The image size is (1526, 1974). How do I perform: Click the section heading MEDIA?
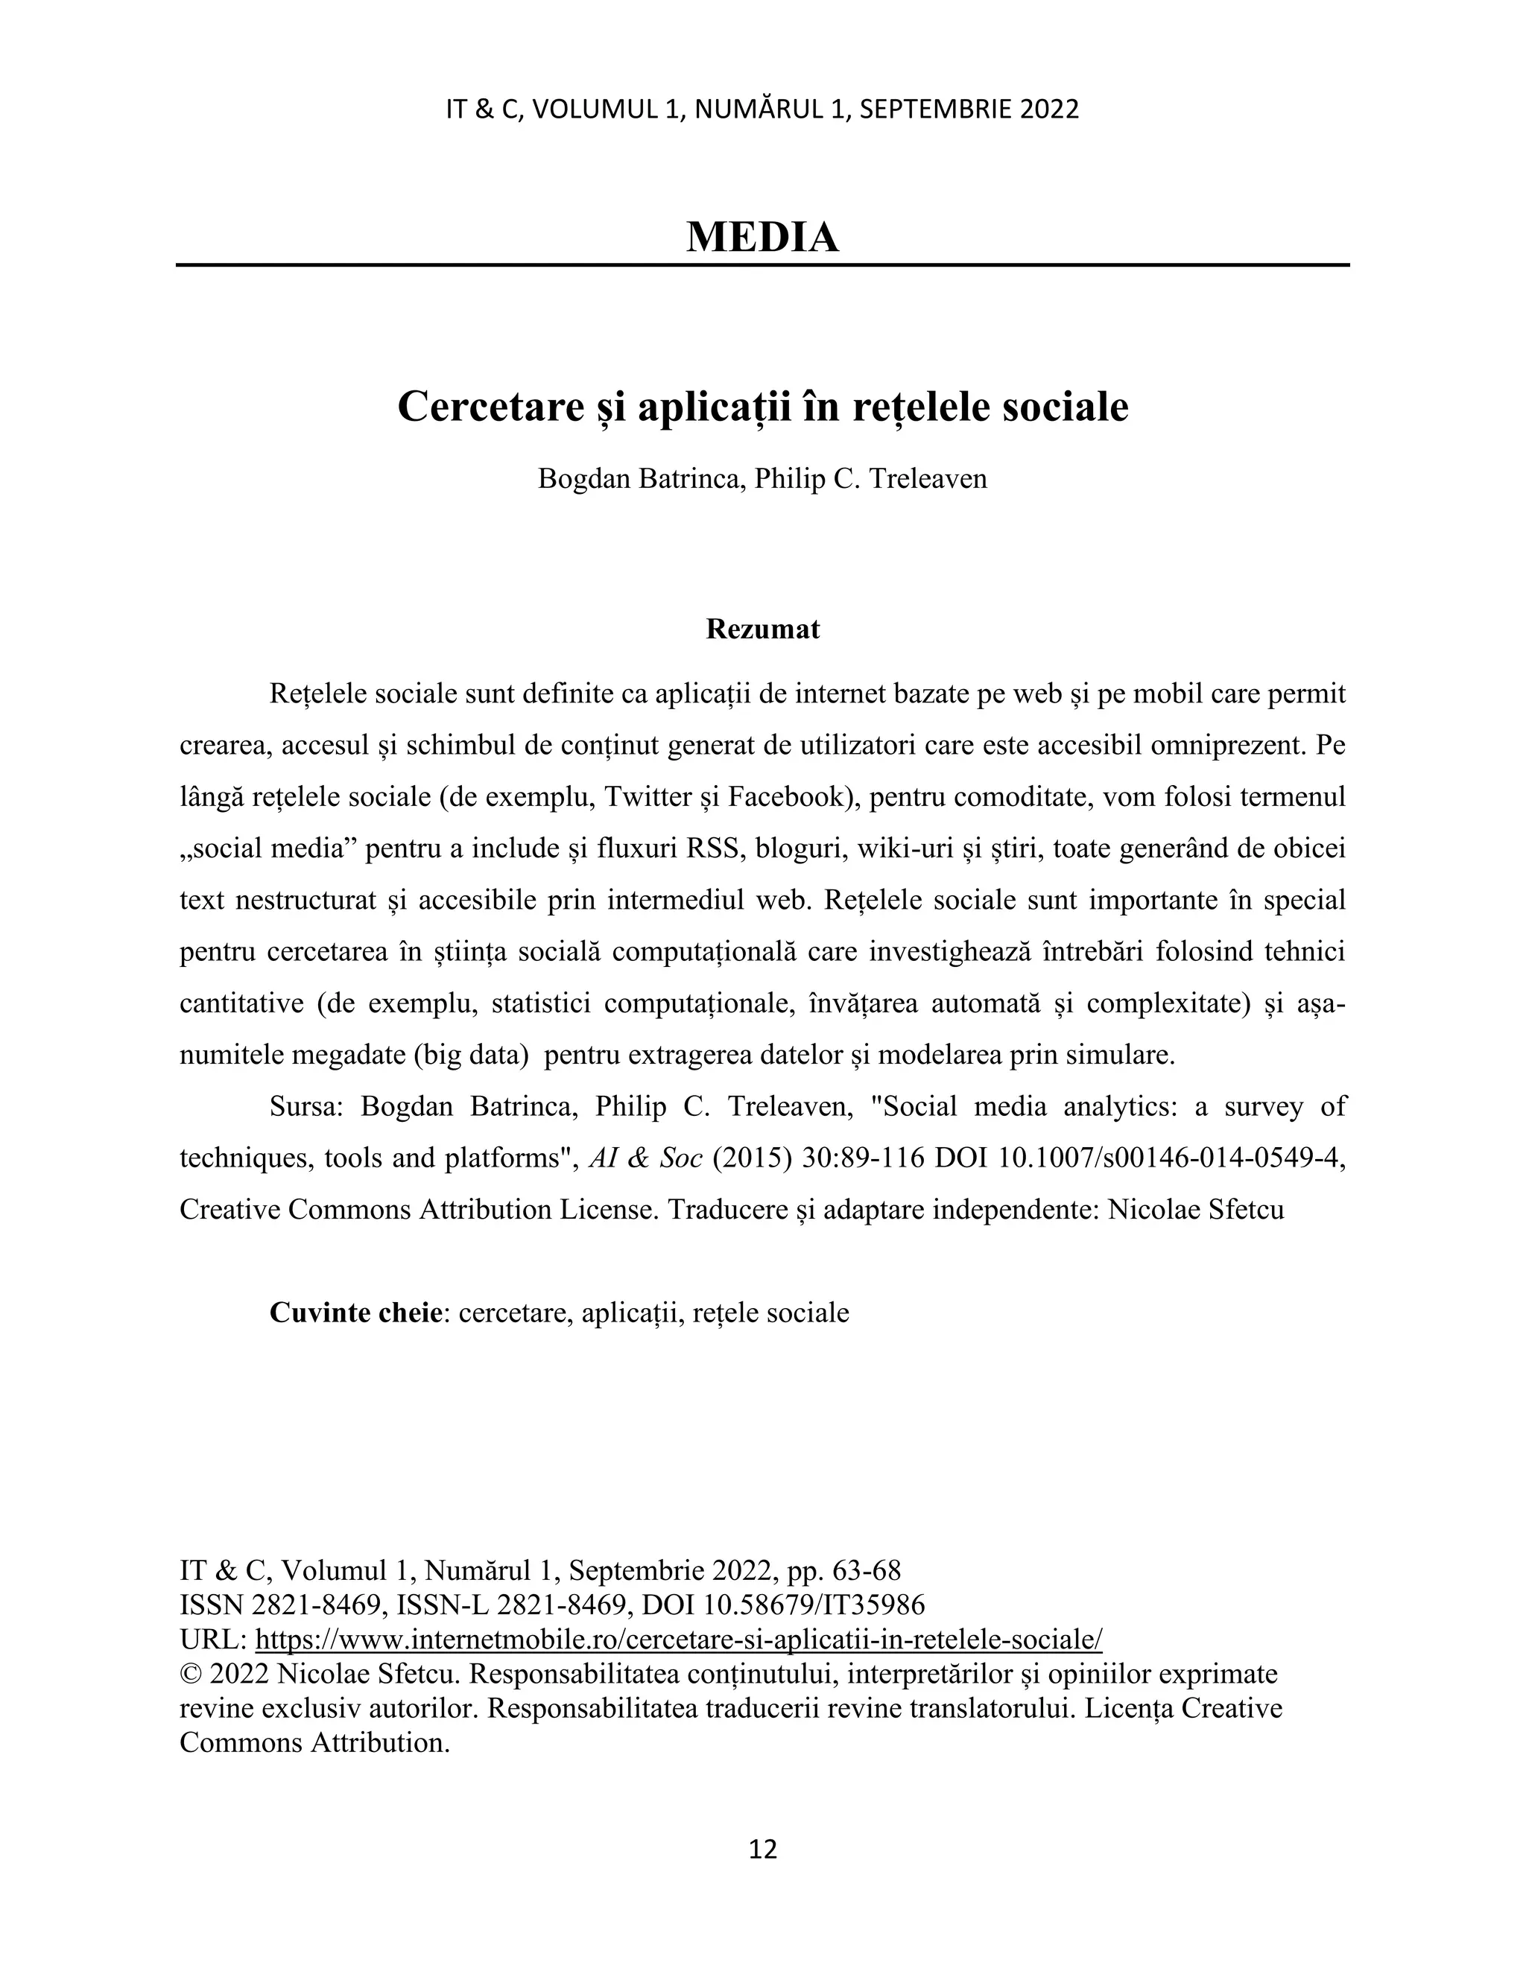762,237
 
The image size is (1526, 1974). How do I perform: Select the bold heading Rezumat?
762,629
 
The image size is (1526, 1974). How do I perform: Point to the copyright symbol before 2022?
191,1675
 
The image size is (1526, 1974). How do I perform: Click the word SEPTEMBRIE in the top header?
935,110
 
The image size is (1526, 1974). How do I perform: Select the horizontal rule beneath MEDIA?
762,265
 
